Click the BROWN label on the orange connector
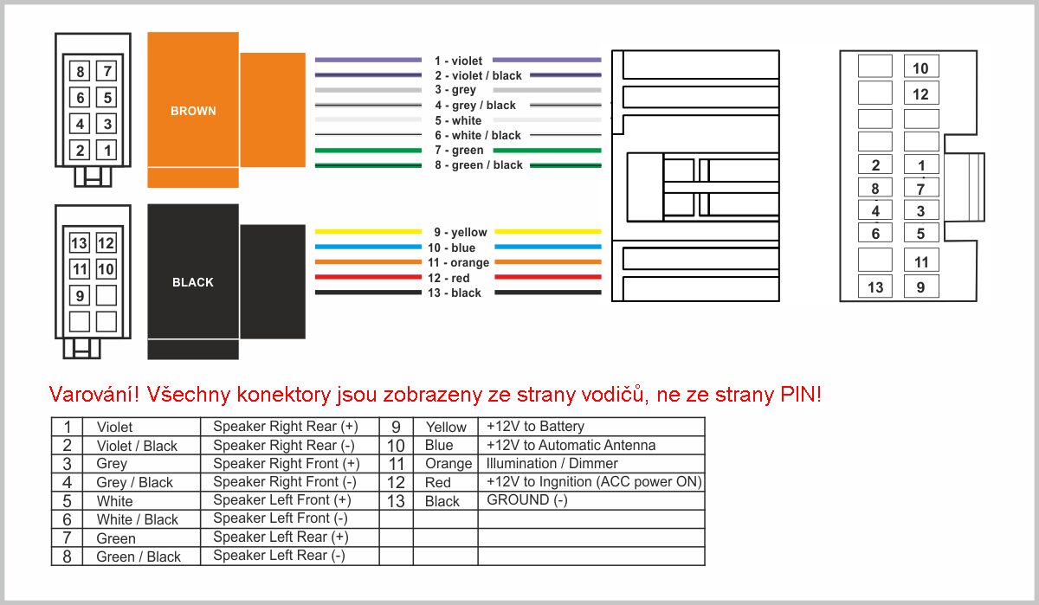pos(193,111)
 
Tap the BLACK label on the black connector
pos(193,282)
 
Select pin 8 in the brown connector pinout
pos(80,71)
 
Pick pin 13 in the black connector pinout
pos(80,243)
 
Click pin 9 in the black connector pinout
pos(80,295)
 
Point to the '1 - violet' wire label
pos(458,61)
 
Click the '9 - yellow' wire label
pos(460,232)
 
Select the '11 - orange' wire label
pos(458,263)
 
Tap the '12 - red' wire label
pos(449,278)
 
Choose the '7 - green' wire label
pos(459,151)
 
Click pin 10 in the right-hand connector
pos(921,68)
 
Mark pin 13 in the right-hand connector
pos(875,287)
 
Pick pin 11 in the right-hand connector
pos(921,262)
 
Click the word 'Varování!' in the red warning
pos(94,395)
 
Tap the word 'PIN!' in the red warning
pos(801,395)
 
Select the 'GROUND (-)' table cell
pos(527,500)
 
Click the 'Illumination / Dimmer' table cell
pos(552,464)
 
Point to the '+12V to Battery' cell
pos(535,427)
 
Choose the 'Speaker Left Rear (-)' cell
pos(279,556)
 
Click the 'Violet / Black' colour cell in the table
pos(137,446)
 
